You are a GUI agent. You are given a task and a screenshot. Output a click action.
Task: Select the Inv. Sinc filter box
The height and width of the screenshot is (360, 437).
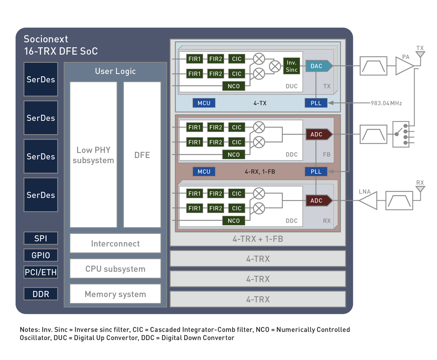291,66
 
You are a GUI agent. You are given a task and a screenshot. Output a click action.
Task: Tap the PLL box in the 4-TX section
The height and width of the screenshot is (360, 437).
316,103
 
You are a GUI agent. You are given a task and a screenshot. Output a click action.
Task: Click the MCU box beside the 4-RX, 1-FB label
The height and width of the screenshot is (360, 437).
204,172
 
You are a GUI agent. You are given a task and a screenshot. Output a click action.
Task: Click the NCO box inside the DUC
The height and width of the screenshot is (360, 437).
233,86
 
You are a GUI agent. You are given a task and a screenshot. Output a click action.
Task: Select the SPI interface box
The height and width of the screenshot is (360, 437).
41,238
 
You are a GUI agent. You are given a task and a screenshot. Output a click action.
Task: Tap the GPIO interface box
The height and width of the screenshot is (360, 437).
41,255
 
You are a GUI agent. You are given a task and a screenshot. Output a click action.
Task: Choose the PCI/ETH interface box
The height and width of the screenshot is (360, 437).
41,272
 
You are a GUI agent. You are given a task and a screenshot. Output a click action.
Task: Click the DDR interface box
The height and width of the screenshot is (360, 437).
41,294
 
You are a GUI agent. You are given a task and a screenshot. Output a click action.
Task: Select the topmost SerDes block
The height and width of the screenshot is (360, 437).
41,80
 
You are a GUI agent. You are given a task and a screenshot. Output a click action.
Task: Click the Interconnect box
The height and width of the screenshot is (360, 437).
115,244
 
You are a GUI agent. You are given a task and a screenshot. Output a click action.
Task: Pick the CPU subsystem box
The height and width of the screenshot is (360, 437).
115,269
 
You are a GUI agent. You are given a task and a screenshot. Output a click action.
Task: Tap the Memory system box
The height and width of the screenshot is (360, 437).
115,294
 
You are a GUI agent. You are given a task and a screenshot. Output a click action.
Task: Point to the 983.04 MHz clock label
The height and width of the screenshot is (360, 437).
386,103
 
